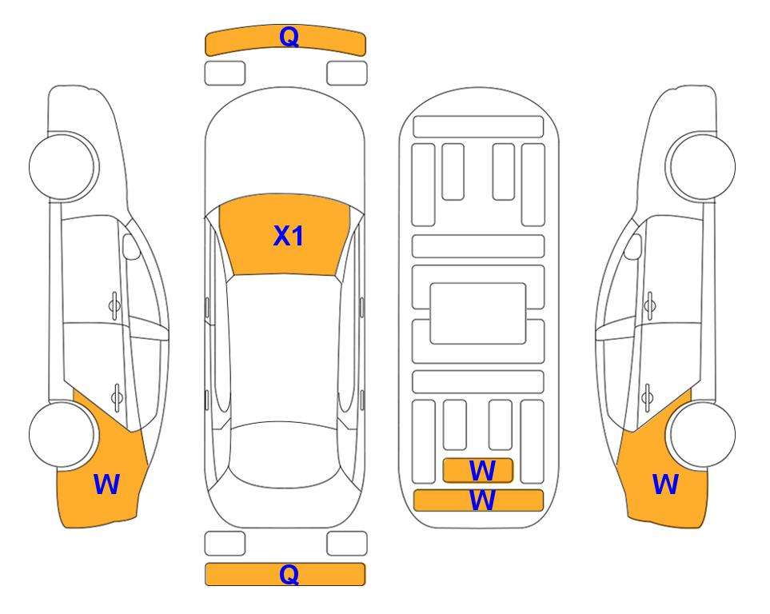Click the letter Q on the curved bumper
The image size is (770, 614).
pos(289,36)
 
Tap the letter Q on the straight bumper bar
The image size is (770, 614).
pos(289,574)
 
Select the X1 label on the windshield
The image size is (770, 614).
pos(289,236)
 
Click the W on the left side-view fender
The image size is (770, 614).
pos(106,484)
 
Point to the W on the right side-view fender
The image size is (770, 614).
pos(665,484)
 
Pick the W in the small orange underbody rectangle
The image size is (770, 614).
pos(482,471)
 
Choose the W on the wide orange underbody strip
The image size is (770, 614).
pos(482,500)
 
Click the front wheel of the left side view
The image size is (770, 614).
pos(62,166)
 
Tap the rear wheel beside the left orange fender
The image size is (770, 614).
pos(62,434)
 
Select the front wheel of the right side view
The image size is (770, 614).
pos(702,166)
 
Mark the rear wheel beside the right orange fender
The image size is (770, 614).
pos(702,434)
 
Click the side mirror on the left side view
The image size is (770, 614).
pos(130,247)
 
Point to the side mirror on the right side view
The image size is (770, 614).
pos(633,247)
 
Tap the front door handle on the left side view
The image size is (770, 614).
pos(114,305)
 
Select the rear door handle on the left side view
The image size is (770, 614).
pos(117,397)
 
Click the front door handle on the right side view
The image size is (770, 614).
pos(649,305)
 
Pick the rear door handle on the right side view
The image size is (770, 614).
pos(647,397)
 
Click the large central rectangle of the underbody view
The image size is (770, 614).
pos(478,313)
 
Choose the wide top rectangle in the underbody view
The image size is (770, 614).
pos(478,127)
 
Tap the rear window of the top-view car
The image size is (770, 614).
pos(284,453)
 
